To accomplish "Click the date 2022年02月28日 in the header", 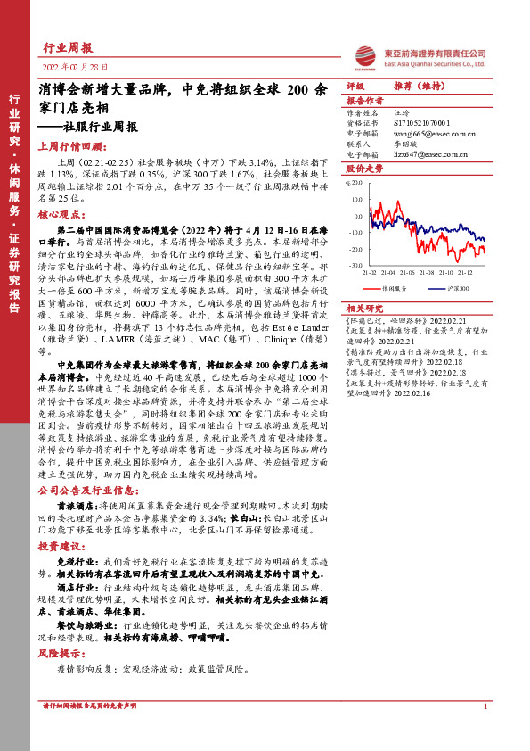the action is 74,68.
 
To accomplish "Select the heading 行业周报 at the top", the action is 68,48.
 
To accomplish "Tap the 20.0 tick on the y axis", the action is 356,185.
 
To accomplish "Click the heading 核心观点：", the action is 63,215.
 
